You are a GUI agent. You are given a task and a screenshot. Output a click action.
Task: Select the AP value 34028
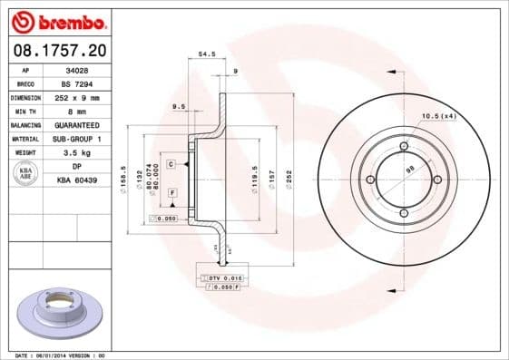tap(77, 69)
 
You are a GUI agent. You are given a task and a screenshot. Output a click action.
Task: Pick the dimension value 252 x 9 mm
tap(77, 96)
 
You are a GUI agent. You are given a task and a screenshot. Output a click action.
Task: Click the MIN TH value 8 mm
tap(77, 110)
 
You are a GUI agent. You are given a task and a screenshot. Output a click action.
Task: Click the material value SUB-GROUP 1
tap(77, 139)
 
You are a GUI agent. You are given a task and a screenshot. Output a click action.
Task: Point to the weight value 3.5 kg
tap(77, 153)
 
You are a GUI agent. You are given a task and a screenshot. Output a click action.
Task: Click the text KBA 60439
tap(77, 181)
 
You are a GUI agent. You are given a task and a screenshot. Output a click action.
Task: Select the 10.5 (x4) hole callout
tap(439, 115)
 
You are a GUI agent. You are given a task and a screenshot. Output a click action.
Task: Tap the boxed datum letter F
tap(171, 194)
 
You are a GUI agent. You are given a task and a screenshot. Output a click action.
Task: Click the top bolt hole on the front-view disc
tap(403, 147)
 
